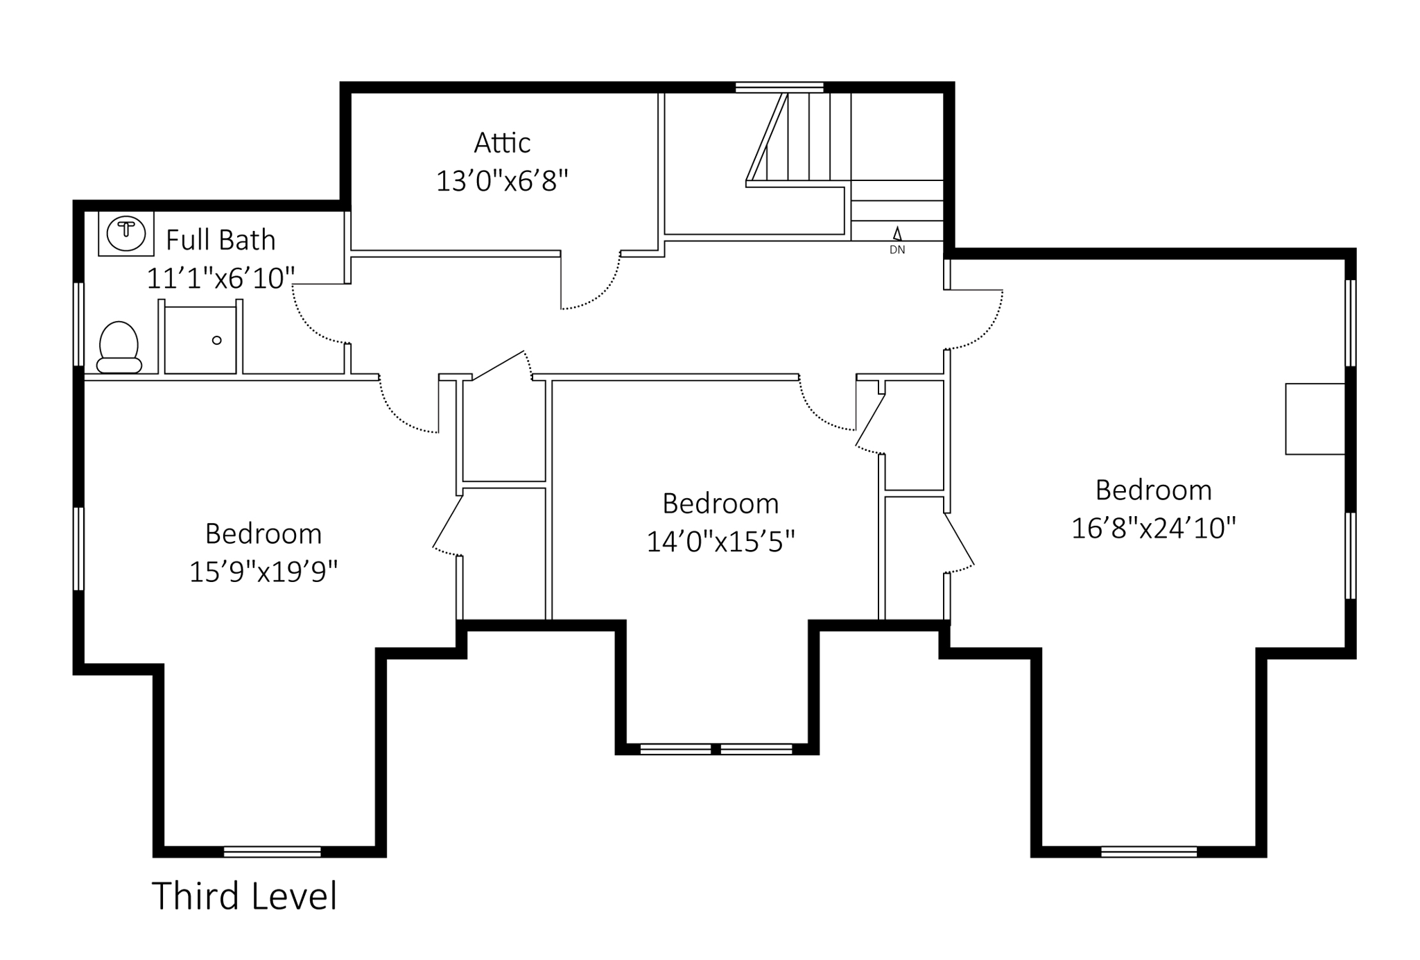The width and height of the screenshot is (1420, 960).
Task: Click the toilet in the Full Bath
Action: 119,348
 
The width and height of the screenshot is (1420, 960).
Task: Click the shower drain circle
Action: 216,341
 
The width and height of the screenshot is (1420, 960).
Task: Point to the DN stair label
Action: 897,250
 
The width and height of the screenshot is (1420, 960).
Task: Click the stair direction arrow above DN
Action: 897,234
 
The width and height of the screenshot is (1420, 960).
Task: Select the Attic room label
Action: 502,143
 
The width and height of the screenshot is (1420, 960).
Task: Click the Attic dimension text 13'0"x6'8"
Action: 502,181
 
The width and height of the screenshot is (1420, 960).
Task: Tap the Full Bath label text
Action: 220,240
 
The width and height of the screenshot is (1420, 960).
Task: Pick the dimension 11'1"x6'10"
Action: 220,278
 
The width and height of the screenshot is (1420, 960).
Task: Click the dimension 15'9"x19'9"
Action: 263,572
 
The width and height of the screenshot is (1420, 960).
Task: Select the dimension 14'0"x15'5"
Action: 720,541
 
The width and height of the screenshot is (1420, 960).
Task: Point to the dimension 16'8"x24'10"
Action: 1154,528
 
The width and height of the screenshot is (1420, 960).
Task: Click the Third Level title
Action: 244,895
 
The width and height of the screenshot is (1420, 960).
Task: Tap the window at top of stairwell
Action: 779,87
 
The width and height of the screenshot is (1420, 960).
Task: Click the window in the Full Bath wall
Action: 79,323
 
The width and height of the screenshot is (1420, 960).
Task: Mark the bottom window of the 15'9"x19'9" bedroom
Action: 272,852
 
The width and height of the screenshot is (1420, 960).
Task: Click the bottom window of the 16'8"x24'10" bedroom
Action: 1149,852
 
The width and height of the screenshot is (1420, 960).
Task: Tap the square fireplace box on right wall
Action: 1315,419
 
